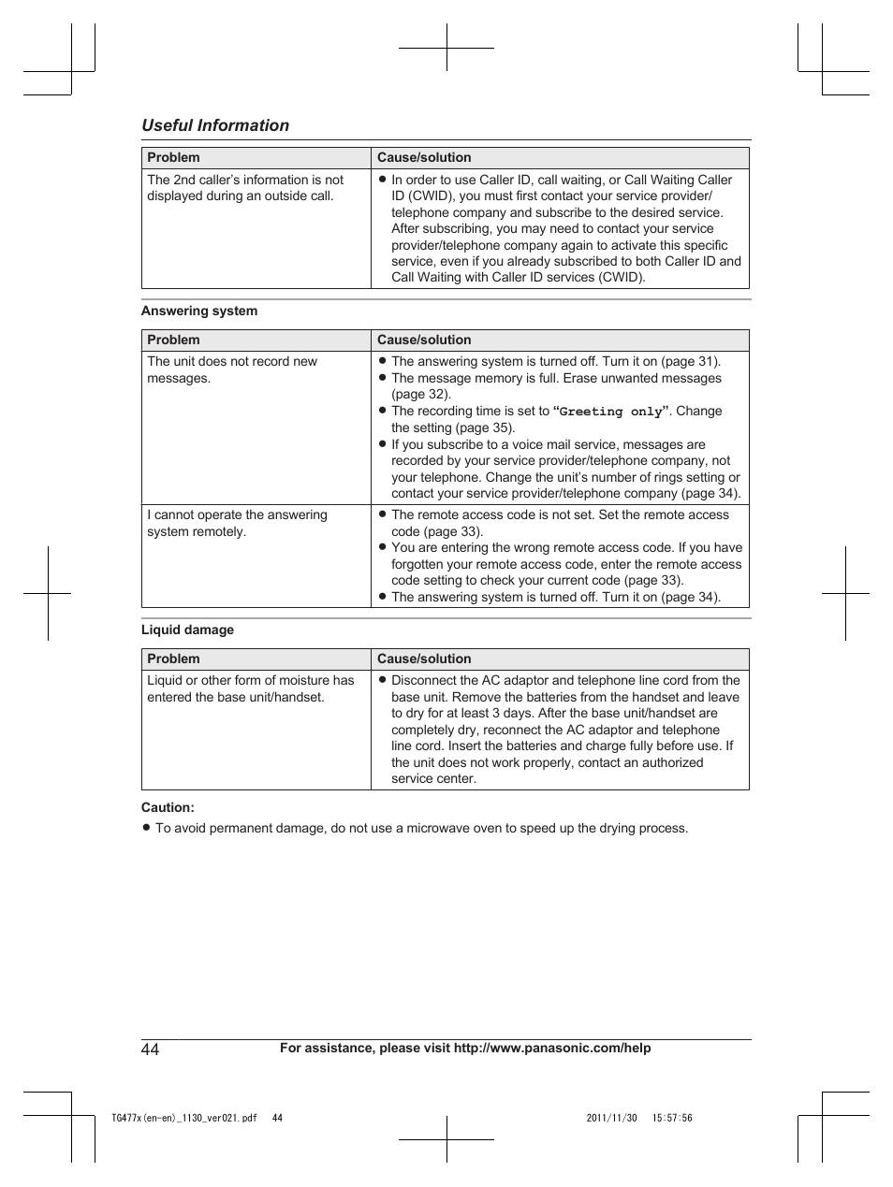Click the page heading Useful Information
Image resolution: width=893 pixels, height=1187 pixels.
215,125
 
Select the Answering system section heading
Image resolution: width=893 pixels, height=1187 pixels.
198,311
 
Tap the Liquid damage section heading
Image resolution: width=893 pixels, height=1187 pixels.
187,630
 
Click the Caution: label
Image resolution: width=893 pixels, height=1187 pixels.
168,807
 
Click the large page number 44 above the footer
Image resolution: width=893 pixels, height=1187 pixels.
151,1049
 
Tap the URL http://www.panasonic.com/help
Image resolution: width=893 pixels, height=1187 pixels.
552,1049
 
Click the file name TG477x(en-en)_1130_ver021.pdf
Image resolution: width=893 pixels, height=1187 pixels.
183,1118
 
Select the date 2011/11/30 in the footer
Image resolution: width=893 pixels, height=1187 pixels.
611,1118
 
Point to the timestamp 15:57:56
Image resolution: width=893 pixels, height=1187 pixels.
672,1118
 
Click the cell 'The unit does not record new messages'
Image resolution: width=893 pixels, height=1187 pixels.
232,369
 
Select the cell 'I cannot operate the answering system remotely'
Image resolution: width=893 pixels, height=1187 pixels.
237,523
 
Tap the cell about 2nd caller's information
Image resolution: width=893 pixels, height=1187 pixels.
245,188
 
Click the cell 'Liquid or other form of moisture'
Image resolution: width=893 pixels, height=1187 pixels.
250,688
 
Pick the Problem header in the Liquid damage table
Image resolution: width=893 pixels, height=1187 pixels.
173,659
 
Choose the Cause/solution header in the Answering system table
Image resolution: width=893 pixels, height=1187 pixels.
424,340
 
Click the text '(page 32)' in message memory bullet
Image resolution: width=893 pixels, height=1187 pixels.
421,395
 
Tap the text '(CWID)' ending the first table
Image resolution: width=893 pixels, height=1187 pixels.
622,278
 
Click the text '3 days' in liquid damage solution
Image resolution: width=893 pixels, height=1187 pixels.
511,713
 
